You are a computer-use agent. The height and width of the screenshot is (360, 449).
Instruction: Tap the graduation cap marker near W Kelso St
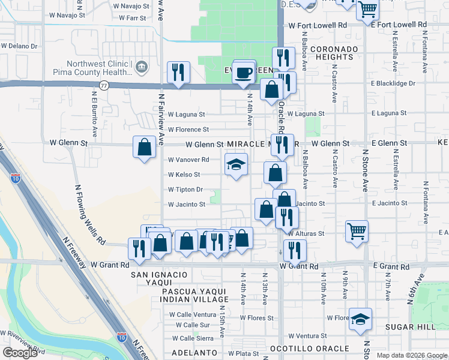[x=236, y=164]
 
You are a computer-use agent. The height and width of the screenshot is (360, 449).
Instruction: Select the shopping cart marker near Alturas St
[x=357, y=232]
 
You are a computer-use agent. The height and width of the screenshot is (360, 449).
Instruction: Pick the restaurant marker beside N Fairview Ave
[x=178, y=72]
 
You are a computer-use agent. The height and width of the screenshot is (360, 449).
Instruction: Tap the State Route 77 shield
[x=104, y=86]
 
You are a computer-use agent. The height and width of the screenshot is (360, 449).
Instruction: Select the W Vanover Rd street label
[x=188, y=160]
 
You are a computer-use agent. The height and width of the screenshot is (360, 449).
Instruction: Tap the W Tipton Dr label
[x=185, y=190]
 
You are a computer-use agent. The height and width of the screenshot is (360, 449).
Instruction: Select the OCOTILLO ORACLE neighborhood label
[x=310, y=349]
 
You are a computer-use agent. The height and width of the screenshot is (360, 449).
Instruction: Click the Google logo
[x=20, y=353]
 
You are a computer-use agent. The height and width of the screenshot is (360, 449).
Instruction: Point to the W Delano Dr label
[x=19, y=46]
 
